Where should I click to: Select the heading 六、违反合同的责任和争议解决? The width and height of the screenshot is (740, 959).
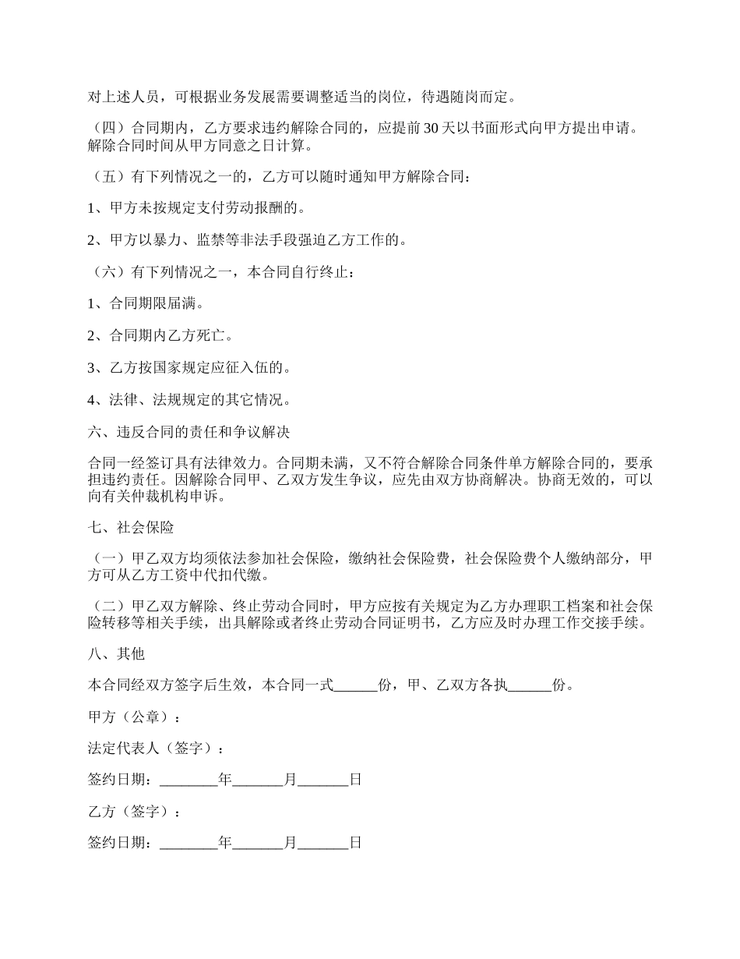[x=189, y=432]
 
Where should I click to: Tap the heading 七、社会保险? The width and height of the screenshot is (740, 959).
[x=131, y=528]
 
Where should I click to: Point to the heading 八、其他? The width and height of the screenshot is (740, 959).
[x=117, y=654]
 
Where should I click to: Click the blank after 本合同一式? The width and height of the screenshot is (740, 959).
[x=356, y=686]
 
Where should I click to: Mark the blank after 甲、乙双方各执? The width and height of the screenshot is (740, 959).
[x=530, y=686]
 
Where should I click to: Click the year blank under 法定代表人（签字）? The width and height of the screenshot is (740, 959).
[x=189, y=780]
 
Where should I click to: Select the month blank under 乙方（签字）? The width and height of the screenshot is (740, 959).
[x=258, y=844]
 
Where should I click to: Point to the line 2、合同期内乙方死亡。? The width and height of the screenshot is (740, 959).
[x=160, y=336]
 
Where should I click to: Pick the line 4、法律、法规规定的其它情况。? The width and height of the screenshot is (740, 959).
[x=189, y=401]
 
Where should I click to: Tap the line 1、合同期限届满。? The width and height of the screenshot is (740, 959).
[x=146, y=304]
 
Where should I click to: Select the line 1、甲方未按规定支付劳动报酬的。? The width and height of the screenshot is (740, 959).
[x=196, y=208]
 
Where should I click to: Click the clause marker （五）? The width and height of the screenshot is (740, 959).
[x=109, y=177]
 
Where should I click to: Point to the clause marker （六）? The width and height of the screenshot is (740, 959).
[x=109, y=273]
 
